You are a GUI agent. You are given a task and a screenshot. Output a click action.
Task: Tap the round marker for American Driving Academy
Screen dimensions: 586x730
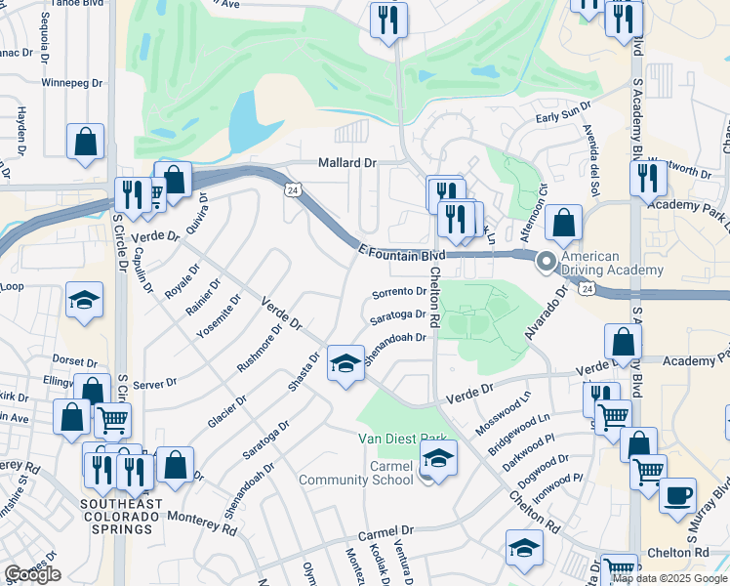click(546, 261)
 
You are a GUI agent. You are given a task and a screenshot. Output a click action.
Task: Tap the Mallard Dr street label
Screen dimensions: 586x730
click(346, 163)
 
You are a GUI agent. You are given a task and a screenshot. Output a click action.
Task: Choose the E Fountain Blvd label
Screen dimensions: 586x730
click(400, 252)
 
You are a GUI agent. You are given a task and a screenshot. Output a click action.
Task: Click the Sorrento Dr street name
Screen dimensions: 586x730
click(398, 292)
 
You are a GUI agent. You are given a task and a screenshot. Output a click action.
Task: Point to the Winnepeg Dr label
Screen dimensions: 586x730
click(72, 83)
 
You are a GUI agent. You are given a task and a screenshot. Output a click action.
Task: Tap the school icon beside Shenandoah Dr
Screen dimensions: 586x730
click(345, 365)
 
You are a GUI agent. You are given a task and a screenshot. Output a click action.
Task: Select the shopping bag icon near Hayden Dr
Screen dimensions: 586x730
click(86, 142)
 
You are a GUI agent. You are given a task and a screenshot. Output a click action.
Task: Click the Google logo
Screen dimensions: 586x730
click(32, 574)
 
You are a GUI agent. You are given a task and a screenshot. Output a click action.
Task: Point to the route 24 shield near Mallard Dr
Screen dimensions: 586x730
click(291, 188)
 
